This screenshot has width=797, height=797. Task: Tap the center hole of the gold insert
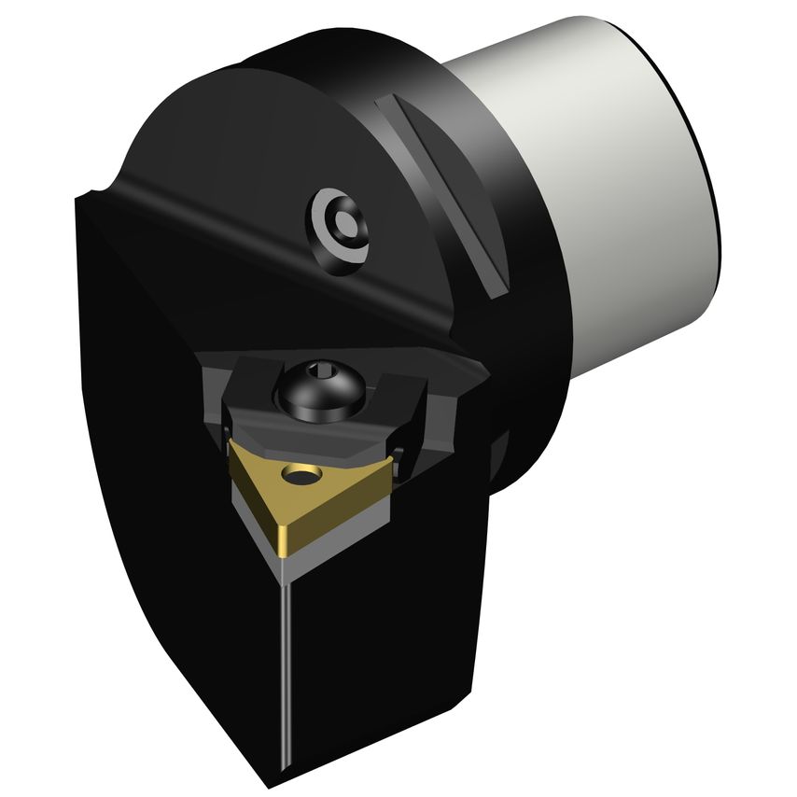point(301,479)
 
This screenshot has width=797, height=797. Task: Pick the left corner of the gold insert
point(232,452)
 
